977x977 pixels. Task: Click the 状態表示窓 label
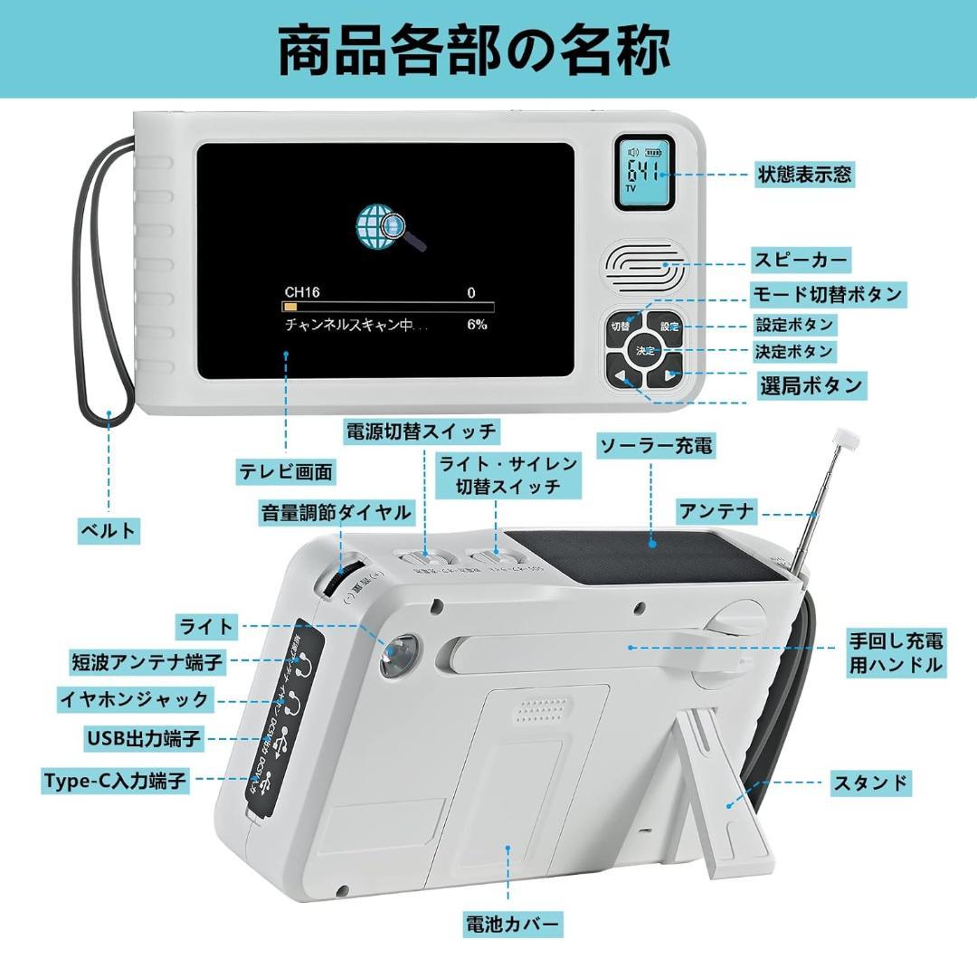coord(804,175)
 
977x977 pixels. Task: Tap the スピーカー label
coord(802,261)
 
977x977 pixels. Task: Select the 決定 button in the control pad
coord(645,350)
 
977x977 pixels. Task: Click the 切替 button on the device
coord(620,327)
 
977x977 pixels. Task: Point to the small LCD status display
coord(645,172)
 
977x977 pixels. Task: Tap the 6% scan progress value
coord(477,324)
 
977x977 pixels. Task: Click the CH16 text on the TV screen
coord(302,292)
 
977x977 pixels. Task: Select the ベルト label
coord(109,531)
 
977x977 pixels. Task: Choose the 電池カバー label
coord(513,925)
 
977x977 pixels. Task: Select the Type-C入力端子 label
coord(116,781)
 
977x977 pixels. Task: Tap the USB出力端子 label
coord(144,738)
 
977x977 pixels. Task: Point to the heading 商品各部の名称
coord(473,52)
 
